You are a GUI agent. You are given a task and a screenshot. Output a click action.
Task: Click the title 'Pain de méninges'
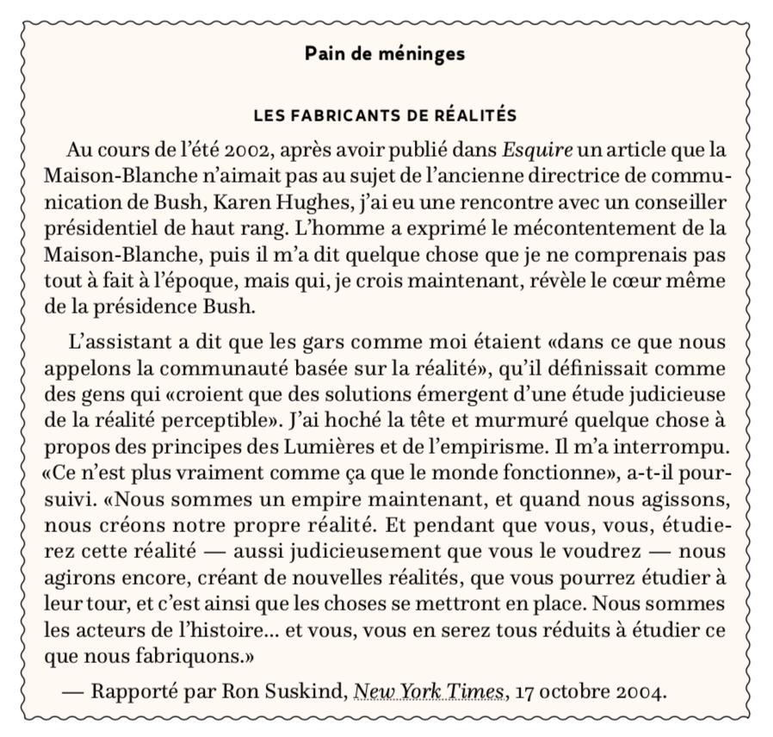385,54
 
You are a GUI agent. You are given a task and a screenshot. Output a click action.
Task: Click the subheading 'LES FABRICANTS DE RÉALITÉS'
385,115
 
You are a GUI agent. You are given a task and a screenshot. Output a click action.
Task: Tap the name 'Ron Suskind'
283,691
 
